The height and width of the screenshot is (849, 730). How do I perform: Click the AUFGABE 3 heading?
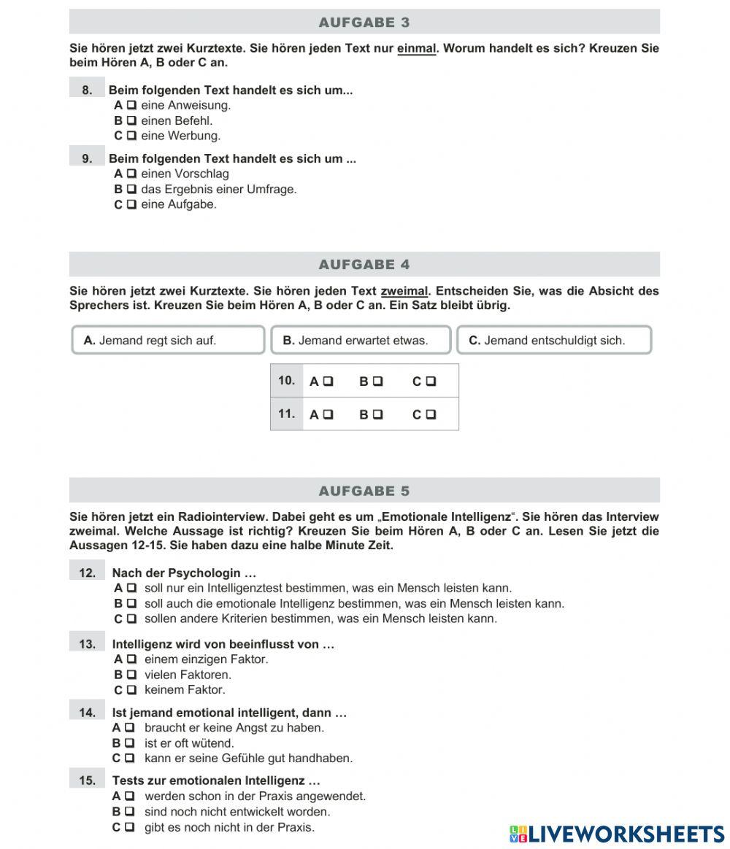(364, 23)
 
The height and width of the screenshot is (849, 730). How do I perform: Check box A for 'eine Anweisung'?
(131, 105)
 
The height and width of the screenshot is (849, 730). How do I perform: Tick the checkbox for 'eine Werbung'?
(131, 136)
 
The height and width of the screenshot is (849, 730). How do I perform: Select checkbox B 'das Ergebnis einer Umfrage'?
(131, 190)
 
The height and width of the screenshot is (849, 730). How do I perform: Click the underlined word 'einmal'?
(416, 49)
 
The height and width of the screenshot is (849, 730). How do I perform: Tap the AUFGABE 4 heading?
(364, 265)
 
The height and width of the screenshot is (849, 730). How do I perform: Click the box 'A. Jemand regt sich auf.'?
(168, 340)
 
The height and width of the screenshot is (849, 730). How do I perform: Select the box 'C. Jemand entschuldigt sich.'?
(554, 340)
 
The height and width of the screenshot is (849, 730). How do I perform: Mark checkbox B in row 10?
(377, 381)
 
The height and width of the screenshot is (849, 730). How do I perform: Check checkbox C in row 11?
(431, 415)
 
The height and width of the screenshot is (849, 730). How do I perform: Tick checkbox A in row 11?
(328, 415)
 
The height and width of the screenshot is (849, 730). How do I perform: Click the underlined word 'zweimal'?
(404, 291)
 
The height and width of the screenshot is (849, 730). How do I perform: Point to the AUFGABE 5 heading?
(364, 491)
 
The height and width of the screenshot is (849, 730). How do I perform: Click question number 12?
(88, 573)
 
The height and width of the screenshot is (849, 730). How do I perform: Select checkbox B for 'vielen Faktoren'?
(131, 675)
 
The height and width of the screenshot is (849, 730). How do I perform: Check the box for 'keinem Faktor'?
(131, 690)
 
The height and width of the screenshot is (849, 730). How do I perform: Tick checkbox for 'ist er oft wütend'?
(130, 743)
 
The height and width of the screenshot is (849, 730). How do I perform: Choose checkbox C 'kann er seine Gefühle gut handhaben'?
(130, 759)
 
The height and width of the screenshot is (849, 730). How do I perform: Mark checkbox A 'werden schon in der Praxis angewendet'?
(130, 796)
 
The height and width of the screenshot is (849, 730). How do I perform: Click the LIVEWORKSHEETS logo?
(617, 834)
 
